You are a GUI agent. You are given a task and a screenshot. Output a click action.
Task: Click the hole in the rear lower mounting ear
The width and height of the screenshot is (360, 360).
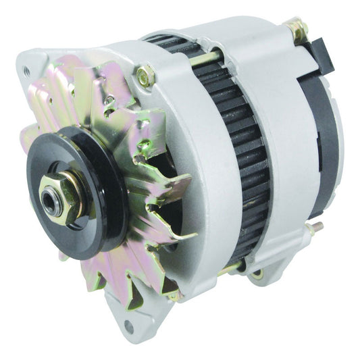point(257,275)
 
